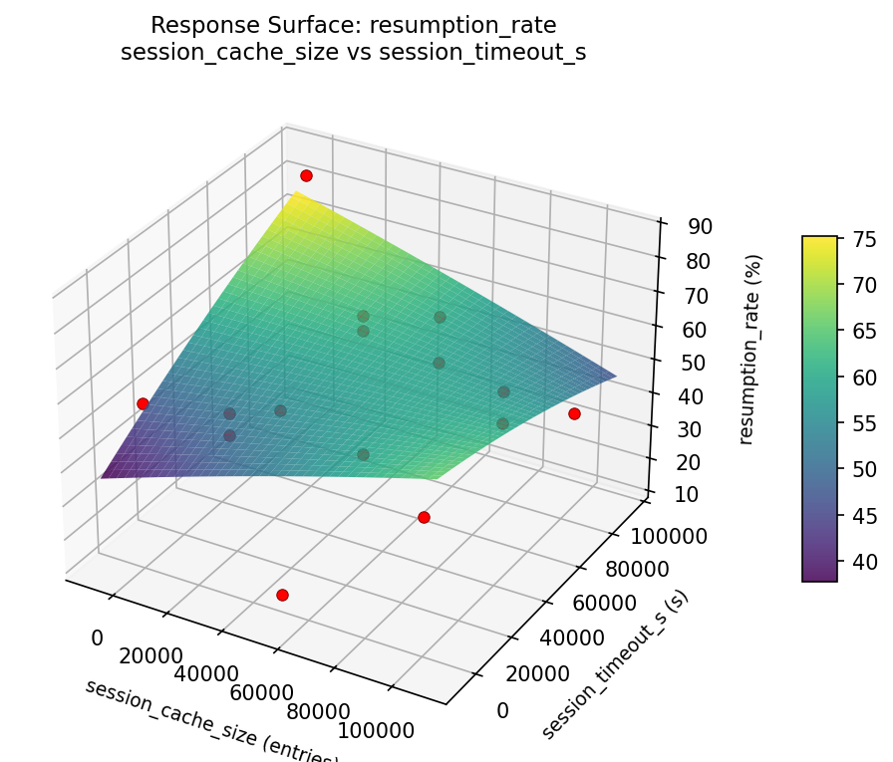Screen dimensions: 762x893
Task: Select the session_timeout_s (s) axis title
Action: pos(615,664)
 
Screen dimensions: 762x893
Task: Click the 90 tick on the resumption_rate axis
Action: pos(700,226)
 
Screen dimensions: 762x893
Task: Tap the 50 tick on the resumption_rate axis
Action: pos(693,363)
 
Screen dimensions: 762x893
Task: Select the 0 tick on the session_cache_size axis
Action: pos(97,637)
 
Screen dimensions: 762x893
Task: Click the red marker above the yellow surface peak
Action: pos(306,175)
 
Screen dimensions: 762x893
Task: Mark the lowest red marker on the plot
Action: pos(282,595)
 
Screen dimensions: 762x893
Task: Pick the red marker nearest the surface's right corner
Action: pos(574,413)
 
